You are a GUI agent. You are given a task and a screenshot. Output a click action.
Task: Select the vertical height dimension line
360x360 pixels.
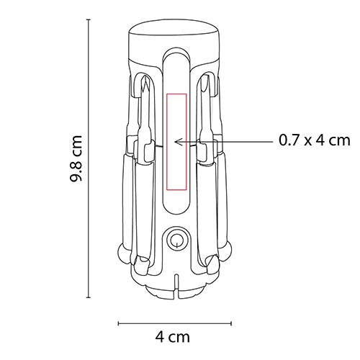[90, 158]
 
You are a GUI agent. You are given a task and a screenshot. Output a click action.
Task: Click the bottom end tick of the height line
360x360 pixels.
[90, 297]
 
